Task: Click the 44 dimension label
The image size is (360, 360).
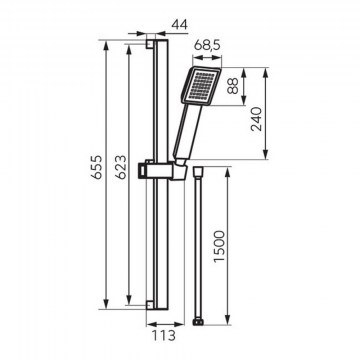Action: (x=179, y=24)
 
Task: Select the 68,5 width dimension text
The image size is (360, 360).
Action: (x=207, y=45)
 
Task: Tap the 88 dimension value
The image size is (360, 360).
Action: (x=233, y=86)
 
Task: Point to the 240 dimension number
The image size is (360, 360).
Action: (x=257, y=119)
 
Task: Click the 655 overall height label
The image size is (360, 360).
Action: (x=97, y=167)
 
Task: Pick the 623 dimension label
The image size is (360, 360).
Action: (x=120, y=167)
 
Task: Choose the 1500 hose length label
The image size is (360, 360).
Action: (x=220, y=246)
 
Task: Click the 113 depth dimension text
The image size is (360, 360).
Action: (x=164, y=335)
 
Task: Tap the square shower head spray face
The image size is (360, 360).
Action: (x=201, y=86)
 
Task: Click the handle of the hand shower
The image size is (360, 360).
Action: (x=188, y=131)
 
